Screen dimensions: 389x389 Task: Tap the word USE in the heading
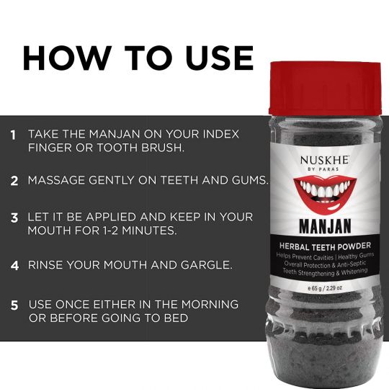(219, 58)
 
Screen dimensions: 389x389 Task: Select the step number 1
(13, 135)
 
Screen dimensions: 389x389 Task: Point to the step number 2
(14, 181)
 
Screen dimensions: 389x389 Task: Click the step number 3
(14, 218)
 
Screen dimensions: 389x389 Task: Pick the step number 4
(14, 265)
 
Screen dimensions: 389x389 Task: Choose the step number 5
(14, 305)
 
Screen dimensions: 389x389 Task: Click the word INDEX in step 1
(221, 134)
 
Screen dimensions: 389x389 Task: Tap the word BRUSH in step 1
(163, 148)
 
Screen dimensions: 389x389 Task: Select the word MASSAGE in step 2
(57, 180)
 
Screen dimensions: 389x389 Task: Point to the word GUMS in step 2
(250, 180)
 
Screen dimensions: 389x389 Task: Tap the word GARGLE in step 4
(207, 265)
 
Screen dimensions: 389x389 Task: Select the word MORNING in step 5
(210, 305)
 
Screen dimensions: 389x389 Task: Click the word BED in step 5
(176, 318)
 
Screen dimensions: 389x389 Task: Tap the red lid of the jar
(325, 88)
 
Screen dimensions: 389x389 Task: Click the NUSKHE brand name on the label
(325, 160)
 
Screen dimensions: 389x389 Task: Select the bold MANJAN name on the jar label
(325, 226)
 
